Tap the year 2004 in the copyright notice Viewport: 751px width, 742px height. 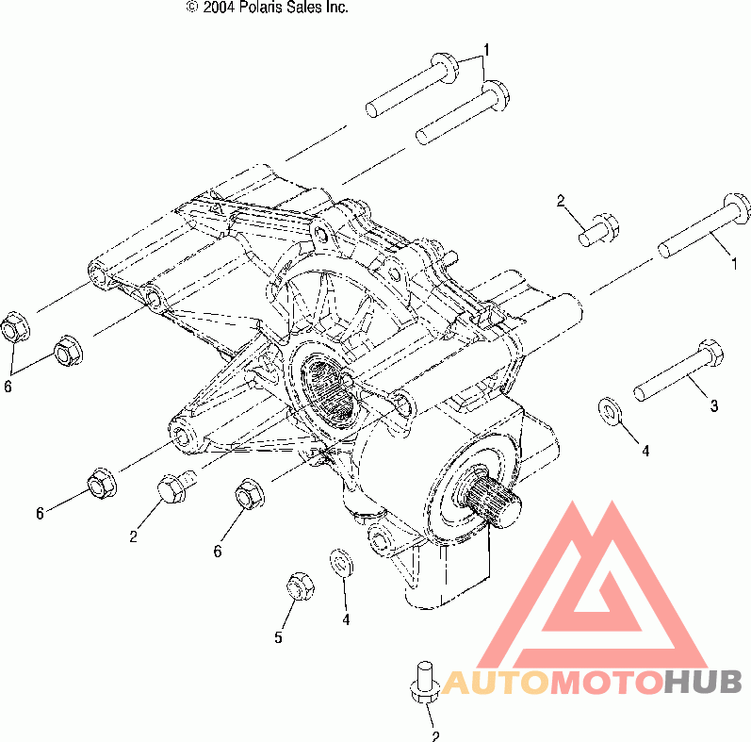coord(217,8)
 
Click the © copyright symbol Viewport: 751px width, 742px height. coord(192,8)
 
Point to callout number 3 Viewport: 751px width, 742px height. coord(713,405)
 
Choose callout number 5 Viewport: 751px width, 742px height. coord(278,637)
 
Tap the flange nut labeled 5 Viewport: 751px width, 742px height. coord(301,585)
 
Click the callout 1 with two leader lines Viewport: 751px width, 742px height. coord(486,50)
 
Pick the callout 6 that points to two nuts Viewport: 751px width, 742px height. coord(8,386)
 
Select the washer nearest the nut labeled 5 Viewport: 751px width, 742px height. coord(342,563)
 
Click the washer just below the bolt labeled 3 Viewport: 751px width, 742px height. coord(611,411)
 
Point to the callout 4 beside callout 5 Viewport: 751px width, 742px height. coord(346,619)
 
